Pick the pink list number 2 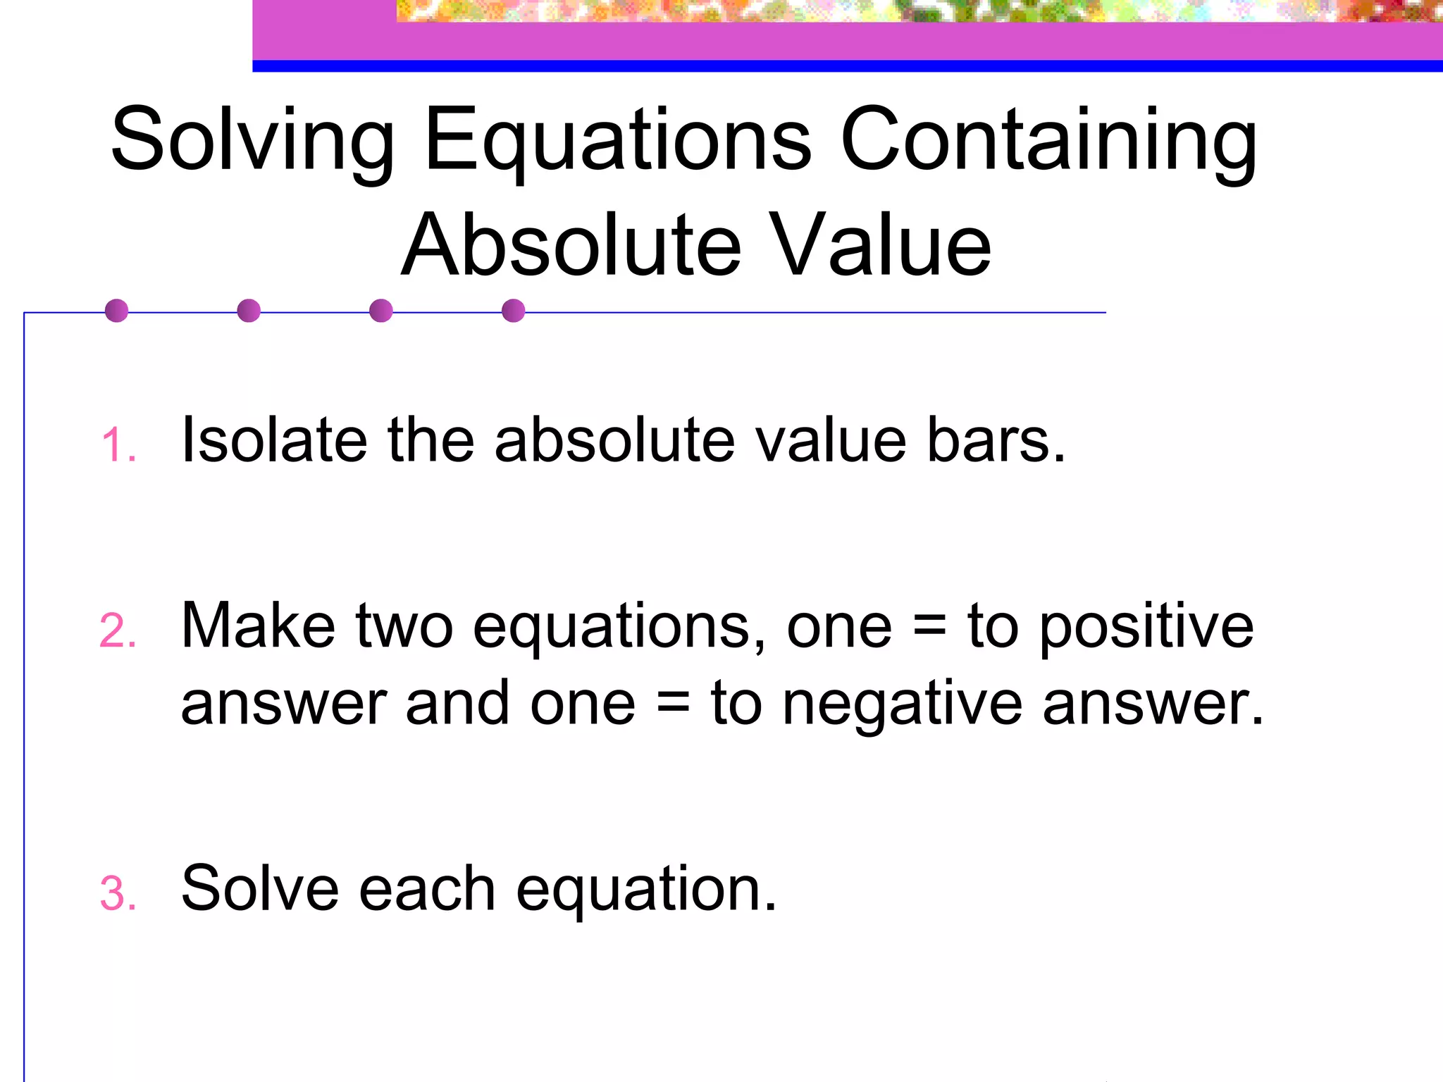[x=117, y=631]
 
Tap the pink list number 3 [x=117, y=895]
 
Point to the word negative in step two [x=902, y=704]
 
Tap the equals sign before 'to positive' [x=929, y=627]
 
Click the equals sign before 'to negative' [x=673, y=704]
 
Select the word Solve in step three [x=259, y=889]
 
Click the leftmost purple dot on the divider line [x=116, y=311]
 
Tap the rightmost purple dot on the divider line [x=514, y=311]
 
